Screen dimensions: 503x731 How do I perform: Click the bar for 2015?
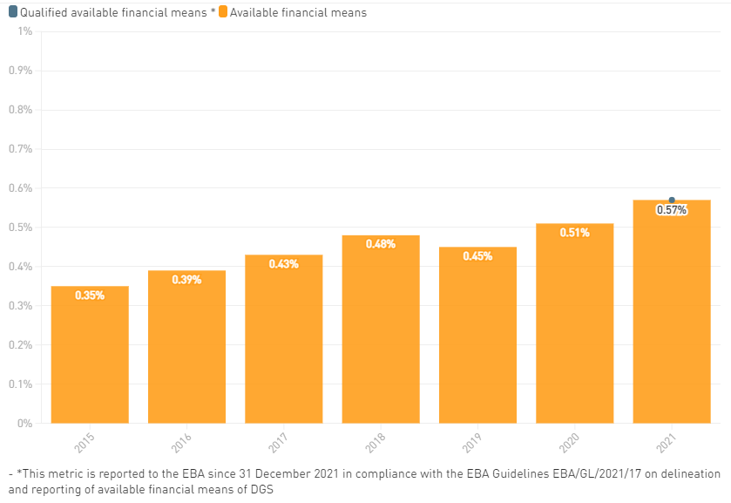point(90,357)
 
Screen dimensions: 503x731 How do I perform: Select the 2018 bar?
point(380,336)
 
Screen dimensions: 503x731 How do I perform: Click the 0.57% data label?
point(672,210)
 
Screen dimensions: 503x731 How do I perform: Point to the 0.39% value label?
point(186,280)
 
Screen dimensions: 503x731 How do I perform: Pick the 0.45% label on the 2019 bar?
point(477,256)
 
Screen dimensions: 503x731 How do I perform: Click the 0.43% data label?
point(283,264)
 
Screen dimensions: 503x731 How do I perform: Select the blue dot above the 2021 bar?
point(672,201)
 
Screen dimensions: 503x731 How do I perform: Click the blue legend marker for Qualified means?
point(13,12)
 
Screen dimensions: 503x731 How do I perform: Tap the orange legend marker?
point(224,12)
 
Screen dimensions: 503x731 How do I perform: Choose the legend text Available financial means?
point(298,13)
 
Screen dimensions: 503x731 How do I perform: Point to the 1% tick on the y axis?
point(25,31)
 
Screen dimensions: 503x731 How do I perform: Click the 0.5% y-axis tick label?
point(20,228)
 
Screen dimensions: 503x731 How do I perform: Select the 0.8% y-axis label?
point(20,110)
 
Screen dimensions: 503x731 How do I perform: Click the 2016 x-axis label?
point(182,443)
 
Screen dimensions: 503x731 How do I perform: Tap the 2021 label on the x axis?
point(667,443)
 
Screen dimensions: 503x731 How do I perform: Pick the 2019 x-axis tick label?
point(473,443)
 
